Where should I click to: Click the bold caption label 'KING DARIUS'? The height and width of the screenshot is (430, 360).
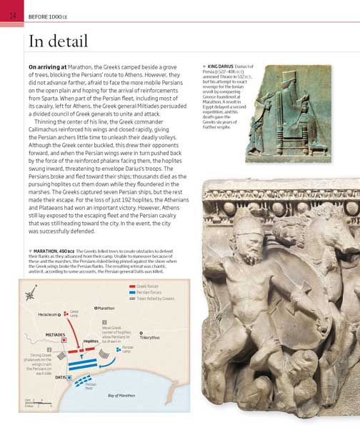click(x=221, y=67)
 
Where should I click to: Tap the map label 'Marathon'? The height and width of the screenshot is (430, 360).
click(x=106, y=308)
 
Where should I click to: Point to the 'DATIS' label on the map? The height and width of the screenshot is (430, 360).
click(x=61, y=376)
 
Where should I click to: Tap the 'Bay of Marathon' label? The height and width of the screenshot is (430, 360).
click(x=121, y=395)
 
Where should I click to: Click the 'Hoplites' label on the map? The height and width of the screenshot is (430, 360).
click(x=91, y=341)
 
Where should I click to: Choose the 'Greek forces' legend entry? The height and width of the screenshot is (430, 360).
click(x=146, y=286)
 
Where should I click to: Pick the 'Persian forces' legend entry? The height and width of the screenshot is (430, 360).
click(x=147, y=292)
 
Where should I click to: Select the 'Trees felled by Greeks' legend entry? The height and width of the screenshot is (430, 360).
click(x=154, y=299)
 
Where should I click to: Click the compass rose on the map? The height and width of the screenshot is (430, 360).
click(x=31, y=294)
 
